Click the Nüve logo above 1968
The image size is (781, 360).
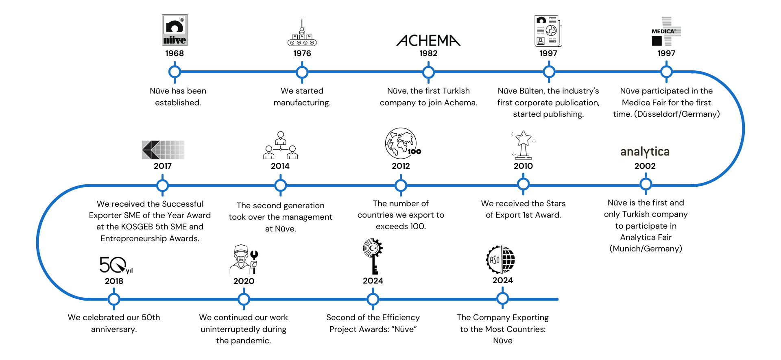click(x=175, y=30)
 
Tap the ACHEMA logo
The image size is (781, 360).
click(x=428, y=40)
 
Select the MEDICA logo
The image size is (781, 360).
click(x=666, y=31)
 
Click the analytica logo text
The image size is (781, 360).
click(x=645, y=152)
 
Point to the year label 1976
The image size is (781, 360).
click(x=302, y=53)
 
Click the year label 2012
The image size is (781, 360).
click(x=401, y=166)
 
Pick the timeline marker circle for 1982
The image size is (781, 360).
click(x=428, y=72)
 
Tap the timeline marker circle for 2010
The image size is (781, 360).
click(x=523, y=184)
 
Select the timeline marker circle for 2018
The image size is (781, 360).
click(x=114, y=299)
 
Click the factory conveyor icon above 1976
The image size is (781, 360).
click(x=302, y=33)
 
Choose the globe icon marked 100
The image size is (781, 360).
click(x=402, y=144)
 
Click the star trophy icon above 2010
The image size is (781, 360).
click(x=523, y=144)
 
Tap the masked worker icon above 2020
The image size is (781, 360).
click(x=244, y=260)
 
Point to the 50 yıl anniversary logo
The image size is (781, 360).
click(x=116, y=265)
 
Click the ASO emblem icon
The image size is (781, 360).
click(x=501, y=260)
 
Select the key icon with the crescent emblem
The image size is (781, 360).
click(x=373, y=256)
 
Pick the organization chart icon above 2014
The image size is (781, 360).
click(x=280, y=145)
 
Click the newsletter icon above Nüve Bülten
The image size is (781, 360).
click(x=548, y=31)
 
